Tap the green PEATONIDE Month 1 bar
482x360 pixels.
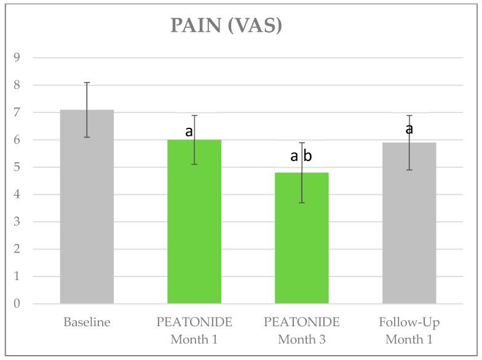click(x=194, y=221)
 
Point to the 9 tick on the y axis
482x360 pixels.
click(x=17, y=58)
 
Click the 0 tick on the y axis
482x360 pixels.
click(x=17, y=304)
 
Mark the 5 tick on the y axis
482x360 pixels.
click(x=17, y=168)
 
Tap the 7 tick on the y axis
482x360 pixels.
click(x=17, y=113)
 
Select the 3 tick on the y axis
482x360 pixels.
click(x=17, y=222)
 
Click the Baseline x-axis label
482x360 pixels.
click(x=87, y=322)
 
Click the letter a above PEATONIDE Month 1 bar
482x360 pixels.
click(x=189, y=131)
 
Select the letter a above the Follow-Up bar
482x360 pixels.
click(x=408, y=129)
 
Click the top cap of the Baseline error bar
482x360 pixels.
click(x=87, y=82)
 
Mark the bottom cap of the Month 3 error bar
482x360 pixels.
click(x=302, y=203)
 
